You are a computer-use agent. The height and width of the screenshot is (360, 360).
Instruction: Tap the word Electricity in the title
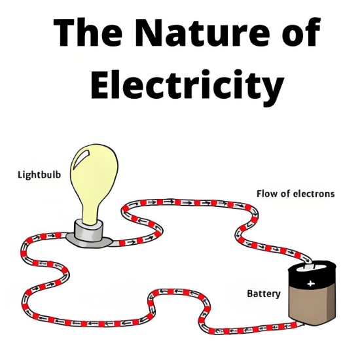[x=187, y=84]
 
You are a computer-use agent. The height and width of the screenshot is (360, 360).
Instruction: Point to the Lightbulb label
[x=39, y=175]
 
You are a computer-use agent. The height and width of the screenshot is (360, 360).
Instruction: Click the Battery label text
[x=264, y=294]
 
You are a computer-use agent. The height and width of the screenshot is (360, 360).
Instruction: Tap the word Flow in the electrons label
[x=266, y=194]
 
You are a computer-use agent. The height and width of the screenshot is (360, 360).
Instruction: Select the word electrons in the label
[x=314, y=194]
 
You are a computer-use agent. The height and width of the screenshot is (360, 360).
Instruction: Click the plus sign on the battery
[x=310, y=283]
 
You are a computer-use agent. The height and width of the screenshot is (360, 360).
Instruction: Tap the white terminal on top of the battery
[x=311, y=267]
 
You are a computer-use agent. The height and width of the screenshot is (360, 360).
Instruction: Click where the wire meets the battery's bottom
[x=302, y=324]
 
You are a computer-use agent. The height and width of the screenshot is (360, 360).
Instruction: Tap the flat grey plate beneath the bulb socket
[x=89, y=241]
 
